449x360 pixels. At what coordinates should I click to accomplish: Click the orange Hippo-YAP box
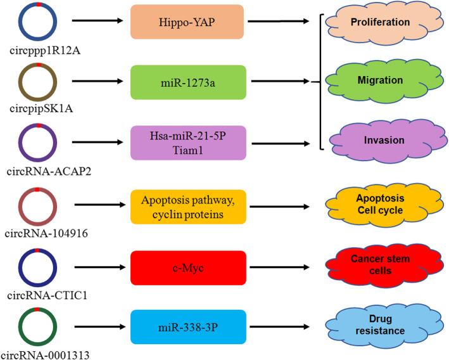187,22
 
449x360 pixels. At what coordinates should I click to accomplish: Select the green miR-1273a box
187,82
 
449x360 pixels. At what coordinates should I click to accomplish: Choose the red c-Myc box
187,267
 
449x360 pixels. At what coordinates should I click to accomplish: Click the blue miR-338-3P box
187,327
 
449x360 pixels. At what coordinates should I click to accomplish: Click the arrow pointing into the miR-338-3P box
98,328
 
